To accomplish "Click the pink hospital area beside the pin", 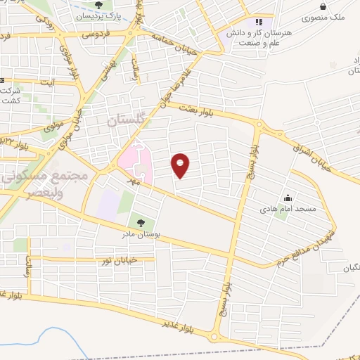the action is coord(136,160).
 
